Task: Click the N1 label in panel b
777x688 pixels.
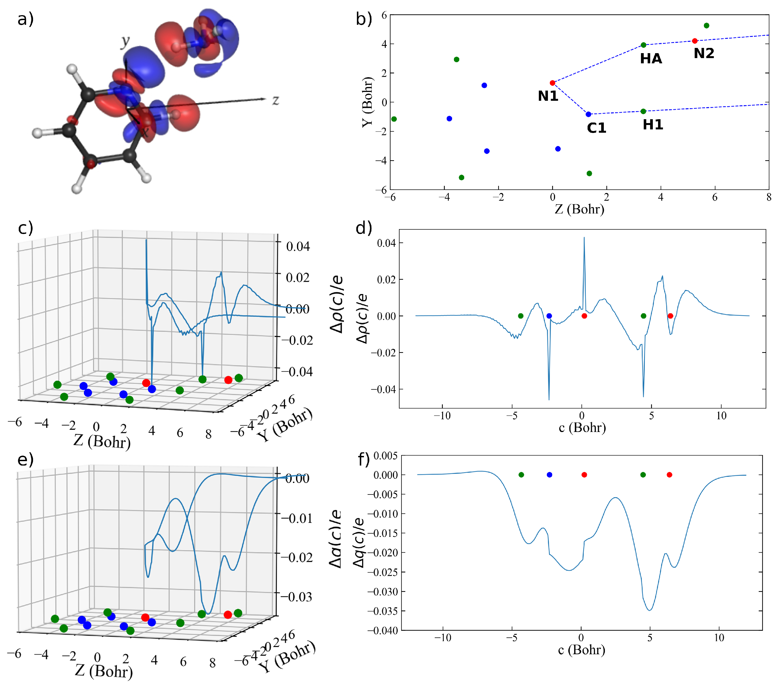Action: [548, 96]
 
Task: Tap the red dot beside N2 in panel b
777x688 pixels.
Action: [694, 41]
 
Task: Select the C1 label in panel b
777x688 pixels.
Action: [596, 128]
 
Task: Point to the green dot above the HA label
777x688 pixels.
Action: [643, 45]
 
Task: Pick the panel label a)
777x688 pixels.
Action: [26, 19]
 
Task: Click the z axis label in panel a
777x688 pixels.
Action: [276, 100]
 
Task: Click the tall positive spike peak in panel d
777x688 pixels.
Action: [584, 238]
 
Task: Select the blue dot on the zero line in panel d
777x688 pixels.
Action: [549, 316]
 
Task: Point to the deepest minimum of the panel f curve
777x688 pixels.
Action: [650, 610]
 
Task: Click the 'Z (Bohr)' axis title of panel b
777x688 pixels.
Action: [579, 209]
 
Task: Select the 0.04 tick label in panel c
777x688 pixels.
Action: [298, 246]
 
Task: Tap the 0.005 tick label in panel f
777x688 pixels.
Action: [385, 456]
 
